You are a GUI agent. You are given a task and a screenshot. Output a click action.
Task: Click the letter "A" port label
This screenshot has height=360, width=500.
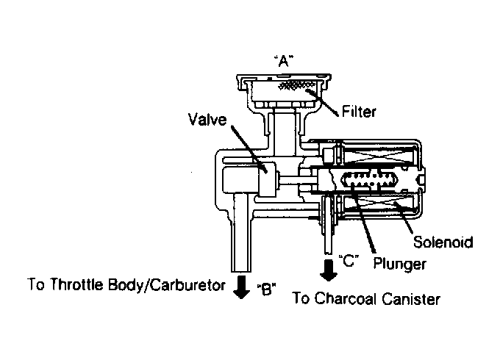coord(284,61)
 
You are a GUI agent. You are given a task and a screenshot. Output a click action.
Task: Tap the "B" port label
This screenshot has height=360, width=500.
coord(266,289)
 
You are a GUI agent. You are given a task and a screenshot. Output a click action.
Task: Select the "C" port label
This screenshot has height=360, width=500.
coord(349,261)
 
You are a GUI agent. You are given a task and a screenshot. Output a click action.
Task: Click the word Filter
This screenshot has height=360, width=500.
coord(359,112)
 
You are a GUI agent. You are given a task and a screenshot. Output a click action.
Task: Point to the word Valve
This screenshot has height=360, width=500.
coord(207,120)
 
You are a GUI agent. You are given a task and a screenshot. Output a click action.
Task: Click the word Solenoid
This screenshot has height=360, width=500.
coord(443,242)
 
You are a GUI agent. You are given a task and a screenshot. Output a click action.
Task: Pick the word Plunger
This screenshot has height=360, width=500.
coord(399,264)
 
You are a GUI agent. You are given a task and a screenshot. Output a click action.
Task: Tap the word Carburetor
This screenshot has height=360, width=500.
coord(187,285)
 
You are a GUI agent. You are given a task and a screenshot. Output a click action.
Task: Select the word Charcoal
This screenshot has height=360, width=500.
coord(346,298)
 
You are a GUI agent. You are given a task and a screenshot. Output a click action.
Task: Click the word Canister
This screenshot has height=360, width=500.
coord(411,299)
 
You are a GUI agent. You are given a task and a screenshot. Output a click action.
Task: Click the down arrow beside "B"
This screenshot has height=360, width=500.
coord(241,287)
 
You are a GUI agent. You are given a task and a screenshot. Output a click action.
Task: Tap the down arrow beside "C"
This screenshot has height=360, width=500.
coord(329,270)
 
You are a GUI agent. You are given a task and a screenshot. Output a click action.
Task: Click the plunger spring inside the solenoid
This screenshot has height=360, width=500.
coord(370,180)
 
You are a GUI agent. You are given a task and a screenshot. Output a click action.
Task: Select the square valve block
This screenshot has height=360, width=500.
coord(267,179)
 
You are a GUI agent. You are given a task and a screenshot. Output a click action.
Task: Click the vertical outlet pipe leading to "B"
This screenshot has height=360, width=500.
coord(240,233)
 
